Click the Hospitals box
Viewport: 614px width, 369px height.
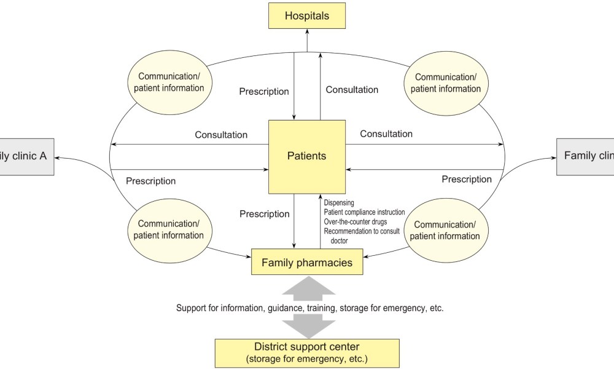pyautogui.click(x=306, y=16)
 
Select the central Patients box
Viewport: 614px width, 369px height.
pyautogui.click(x=306, y=156)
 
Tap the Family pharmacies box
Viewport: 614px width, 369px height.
pyautogui.click(x=307, y=263)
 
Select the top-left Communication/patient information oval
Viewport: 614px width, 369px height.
pyautogui.click(x=171, y=82)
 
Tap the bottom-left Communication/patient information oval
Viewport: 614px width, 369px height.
pyautogui.click(x=171, y=229)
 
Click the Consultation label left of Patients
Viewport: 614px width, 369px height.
pyautogui.click(x=221, y=135)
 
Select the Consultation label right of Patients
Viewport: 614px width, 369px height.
pyautogui.click(x=386, y=133)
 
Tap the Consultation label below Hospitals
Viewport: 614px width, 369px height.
pyautogui.click(x=352, y=90)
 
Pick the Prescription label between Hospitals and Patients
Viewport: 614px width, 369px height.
pyautogui.click(x=264, y=92)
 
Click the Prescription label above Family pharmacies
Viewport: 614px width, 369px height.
pyautogui.click(x=264, y=214)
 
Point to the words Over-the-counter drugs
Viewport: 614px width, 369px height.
pyautogui.click(x=355, y=221)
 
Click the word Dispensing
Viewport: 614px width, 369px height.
pyautogui.click(x=339, y=202)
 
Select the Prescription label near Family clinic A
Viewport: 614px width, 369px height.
pyautogui.click(x=150, y=181)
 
